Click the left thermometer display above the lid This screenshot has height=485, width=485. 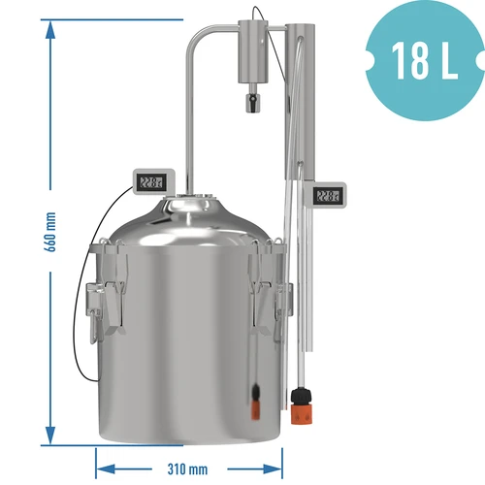pos(151,181)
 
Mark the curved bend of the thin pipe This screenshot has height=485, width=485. pos(197,36)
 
